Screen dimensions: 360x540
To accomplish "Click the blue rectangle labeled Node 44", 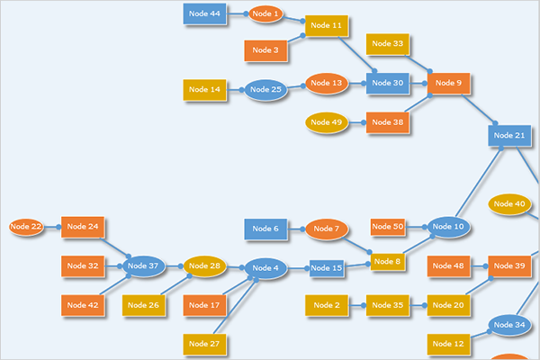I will coord(203,13).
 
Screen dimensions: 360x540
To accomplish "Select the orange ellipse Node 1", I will coord(265,14).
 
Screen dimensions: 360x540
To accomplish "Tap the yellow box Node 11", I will coord(326,26).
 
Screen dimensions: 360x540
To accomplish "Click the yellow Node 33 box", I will coord(388,43).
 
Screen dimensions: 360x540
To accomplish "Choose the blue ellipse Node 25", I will coord(265,89).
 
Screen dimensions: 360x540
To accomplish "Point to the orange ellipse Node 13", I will coord(326,83).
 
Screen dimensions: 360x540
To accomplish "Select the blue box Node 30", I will coord(387,83).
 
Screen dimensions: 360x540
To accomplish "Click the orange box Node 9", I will coord(448,83).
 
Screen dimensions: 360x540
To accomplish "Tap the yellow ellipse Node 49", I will coord(326,122).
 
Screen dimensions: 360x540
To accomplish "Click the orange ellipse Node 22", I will coord(25,227).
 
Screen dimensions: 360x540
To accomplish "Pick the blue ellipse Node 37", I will coord(142,265).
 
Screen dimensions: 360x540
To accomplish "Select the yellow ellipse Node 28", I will coord(203,265).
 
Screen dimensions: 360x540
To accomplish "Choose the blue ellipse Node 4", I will coord(265,268).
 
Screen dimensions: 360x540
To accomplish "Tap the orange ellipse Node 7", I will coord(326,229).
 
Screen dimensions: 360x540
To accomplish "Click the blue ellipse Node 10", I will coord(448,227).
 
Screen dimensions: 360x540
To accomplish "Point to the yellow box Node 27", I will coord(203,344).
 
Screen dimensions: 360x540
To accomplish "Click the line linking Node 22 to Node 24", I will coord(51,227).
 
